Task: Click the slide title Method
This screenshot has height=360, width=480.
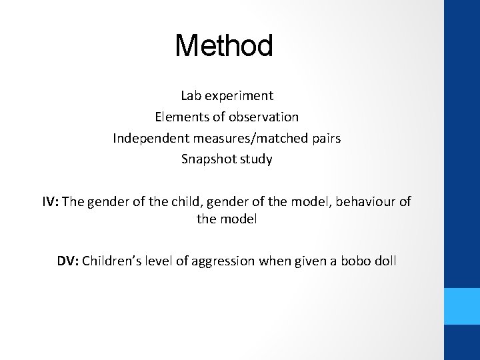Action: pyautogui.click(x=224, y=46)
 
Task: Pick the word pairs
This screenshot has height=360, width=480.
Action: pyautogui.click(x=325, y=139)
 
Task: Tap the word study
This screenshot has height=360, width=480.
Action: pyautogui.click(x=257, y=160)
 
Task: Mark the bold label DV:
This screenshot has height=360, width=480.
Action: pyautogui.click(x=67, y=261)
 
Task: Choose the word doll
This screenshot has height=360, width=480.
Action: pyautogui.click(x=385, y=261)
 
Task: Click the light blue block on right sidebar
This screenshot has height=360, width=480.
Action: pyautogui.click(x=462, y=306)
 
